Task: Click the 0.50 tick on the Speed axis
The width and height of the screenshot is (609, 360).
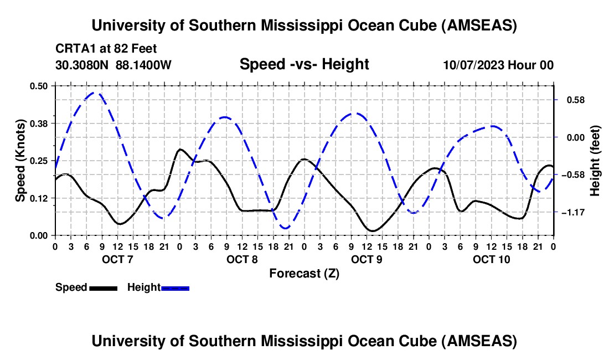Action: pyautogui.click(x=39, y=86)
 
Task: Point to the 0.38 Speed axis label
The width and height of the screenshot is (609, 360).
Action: pyautogui.click(x=39, y=122)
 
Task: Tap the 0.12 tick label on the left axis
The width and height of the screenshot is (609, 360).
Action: pyautogui.click(x=39, y=198)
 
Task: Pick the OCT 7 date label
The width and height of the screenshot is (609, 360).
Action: pyautogui.click(x=117, y=259)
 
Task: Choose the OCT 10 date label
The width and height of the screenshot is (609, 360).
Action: pyautogui.click(x=492, y=259)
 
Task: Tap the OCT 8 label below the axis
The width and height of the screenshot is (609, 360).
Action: pyautogui.click(x=241, y=259)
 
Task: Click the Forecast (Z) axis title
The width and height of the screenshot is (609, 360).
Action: pyautogui.click(x=304, y=273)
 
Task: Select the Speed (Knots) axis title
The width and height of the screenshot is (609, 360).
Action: pyautogui.click(x=20, y=161)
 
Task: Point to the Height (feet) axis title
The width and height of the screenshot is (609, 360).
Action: pyautogui.click(x=595, y=161)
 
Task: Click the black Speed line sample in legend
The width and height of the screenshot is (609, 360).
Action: pyautogui.click(x=103, y=287)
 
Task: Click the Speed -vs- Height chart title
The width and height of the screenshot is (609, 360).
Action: pyautogui.click(x=304, y=64)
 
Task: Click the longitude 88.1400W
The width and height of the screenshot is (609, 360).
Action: pyautogui.click(x=144, y=65)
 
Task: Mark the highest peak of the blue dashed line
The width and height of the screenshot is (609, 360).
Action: pyautogui.click(x=95, y=93)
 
